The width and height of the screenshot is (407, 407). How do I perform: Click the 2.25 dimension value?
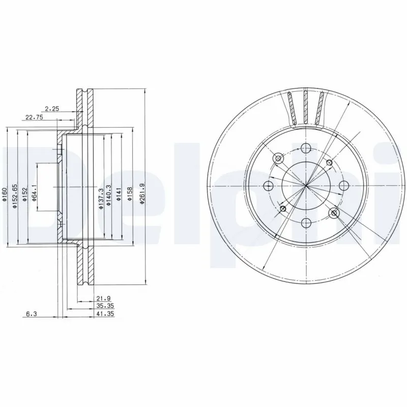coord(52,108)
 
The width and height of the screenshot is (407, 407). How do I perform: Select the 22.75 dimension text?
coord(34,118)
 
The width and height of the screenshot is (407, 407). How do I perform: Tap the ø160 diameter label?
coord(5,196)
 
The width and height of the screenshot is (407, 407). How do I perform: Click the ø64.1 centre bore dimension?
coord(33,193)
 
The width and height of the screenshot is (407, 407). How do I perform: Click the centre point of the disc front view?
coord(305,186)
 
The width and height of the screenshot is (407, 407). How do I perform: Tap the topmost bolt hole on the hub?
coord(305,148)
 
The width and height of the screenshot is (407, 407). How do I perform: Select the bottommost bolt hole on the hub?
coord(305,223)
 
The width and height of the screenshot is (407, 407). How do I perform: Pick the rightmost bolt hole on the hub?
coord(343,186)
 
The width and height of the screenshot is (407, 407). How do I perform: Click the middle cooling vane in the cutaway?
coord(305,107)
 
